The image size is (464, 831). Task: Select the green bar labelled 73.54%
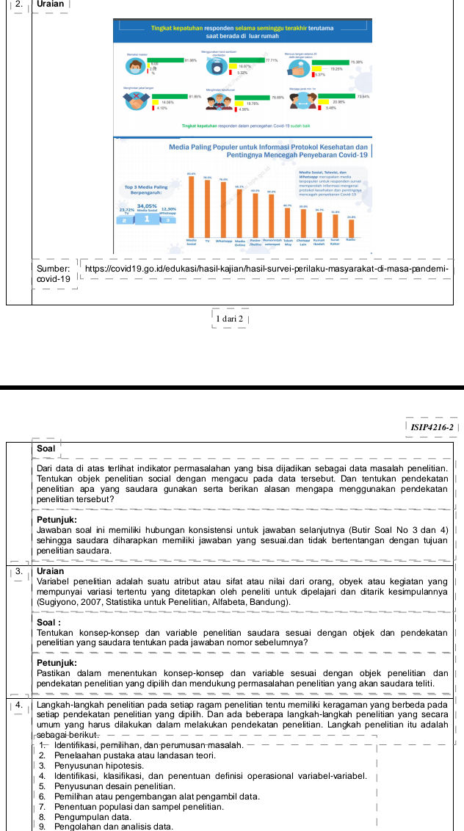[x=333, y=96]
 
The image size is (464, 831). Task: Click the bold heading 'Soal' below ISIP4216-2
[x=45, y=449]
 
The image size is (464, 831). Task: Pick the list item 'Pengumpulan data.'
[x=84, y=816]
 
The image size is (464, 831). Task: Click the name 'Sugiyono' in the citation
[x=56, y=603]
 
